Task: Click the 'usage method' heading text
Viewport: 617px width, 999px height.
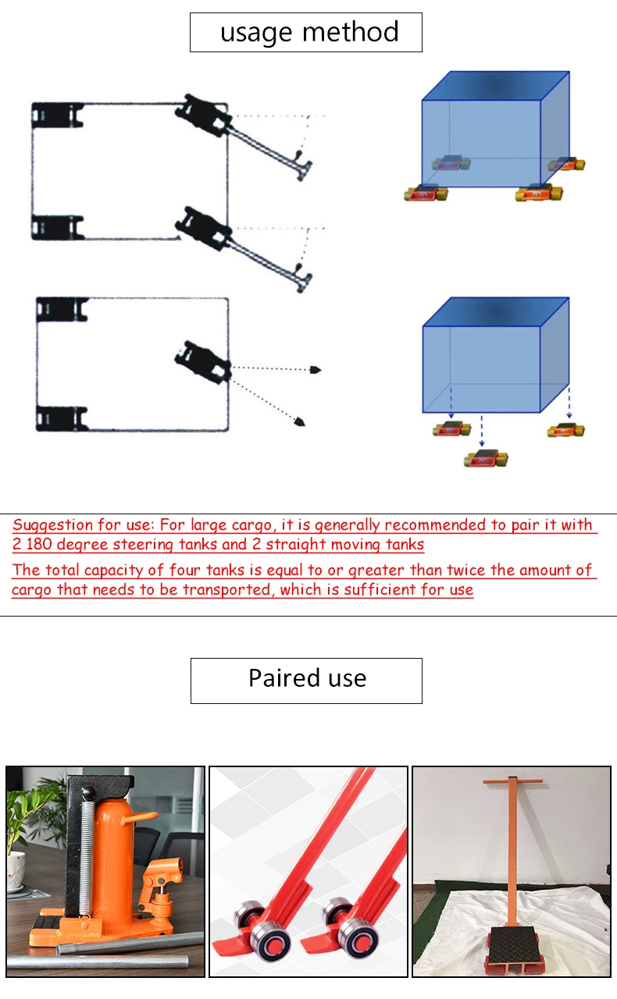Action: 309,33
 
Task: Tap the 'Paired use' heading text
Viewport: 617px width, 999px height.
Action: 307,678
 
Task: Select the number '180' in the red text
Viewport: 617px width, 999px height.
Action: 39,544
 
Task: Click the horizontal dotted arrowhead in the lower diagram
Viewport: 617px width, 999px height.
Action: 316,370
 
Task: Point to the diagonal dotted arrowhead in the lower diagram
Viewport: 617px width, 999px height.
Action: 300,421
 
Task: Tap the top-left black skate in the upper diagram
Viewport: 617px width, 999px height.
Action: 57,116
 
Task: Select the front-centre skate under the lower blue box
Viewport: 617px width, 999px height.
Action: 486,458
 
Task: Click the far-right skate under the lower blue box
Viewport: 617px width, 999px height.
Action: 565,430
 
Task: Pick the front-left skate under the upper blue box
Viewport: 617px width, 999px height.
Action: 426,193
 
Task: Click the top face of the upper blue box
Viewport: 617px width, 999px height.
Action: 496,86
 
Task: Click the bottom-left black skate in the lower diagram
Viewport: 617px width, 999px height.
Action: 62,418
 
